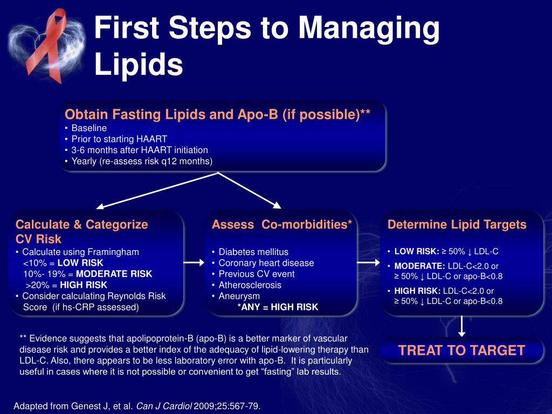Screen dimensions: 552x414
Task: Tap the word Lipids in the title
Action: click(139, 64)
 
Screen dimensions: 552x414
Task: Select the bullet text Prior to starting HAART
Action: click(119, 139)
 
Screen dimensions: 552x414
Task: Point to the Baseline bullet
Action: click(89, 128)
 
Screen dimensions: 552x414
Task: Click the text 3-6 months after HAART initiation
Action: click(140, 150)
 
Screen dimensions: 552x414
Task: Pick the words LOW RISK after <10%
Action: click(80, 263)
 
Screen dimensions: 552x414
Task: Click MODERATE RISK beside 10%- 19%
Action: click(114, 274)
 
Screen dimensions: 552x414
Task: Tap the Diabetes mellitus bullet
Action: click(253, 252)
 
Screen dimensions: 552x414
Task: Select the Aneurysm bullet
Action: click(239, 296)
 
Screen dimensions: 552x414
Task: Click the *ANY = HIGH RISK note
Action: click(278, 307)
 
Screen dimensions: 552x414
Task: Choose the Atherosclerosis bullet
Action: click(250, 285)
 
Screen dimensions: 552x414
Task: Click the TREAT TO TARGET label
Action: click(461, 350)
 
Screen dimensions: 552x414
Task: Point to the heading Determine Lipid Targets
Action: click(457, 225)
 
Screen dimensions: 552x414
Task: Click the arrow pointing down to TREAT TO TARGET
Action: click(461, 326)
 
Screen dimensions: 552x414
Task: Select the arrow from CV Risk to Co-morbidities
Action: click(194, 263)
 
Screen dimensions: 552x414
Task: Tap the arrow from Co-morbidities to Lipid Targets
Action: click(369, 263)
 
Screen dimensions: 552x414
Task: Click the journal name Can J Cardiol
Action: click(164, 406)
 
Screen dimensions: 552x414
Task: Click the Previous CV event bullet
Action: click(257, 274)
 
